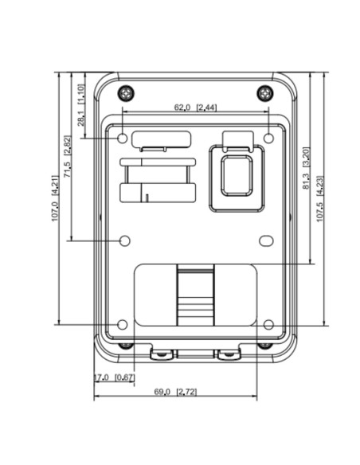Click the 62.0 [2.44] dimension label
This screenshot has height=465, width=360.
coord(195,107)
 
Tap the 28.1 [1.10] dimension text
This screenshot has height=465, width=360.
coord(81,105)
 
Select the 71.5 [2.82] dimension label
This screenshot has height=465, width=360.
coord(68,156)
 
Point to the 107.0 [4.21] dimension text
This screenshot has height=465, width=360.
coord(55,198)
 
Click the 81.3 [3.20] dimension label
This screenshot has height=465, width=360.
coord(306,168)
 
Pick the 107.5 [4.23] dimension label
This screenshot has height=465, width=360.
coord(319,199)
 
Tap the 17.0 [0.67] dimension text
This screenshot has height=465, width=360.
coord(114,377)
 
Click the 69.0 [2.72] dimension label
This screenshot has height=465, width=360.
coord(175,392)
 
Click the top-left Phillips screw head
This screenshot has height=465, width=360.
coord(126,93)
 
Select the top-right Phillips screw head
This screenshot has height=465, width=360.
coord(264,93)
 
